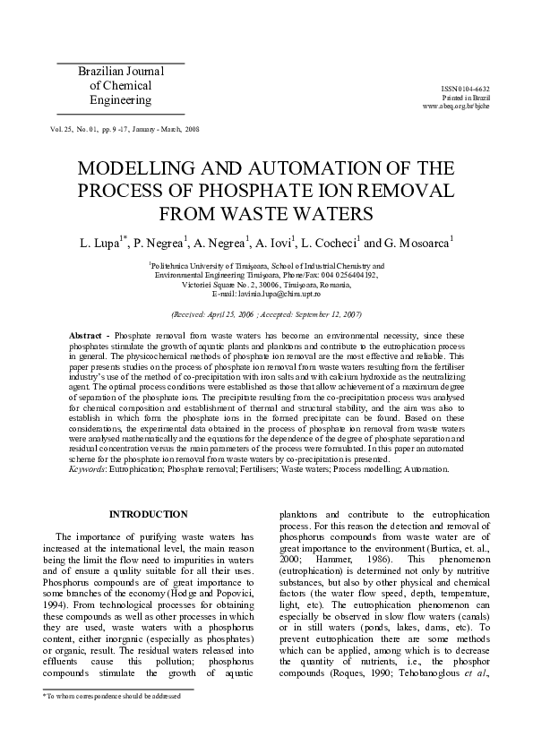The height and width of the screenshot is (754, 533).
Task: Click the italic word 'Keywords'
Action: coord(88,468)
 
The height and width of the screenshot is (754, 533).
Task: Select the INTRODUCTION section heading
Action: coord(148,514)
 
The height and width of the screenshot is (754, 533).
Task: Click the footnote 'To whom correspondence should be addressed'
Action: coord(113,695)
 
